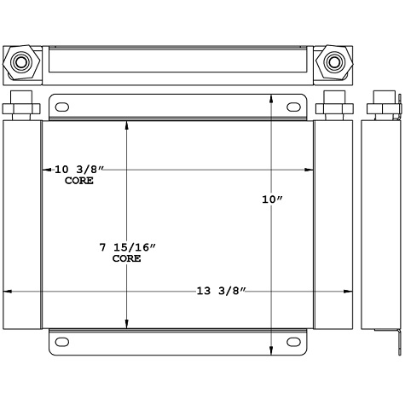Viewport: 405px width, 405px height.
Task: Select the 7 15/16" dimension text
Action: click(128, 247)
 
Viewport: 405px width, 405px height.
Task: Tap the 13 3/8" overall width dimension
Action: click(220, 293)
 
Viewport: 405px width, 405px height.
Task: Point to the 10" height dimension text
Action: click(272, 200)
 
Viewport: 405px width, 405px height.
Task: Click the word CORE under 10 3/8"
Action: click(78, 182)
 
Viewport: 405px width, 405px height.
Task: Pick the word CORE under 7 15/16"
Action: click(127, 258)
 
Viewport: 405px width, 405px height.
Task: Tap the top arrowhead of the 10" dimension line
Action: click(272, 99)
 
